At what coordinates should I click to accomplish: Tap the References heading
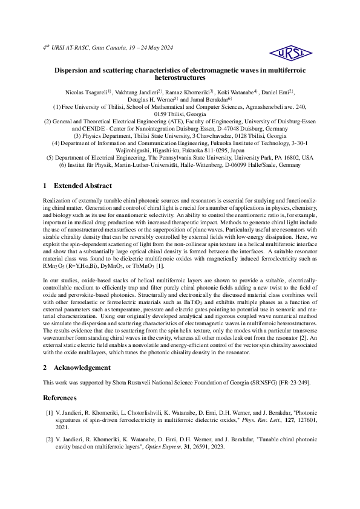click(x=60, y=398)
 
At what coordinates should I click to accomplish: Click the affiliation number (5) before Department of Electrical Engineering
click(x=51, y=157)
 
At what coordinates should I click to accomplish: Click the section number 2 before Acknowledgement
click(x=45, y=367)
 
